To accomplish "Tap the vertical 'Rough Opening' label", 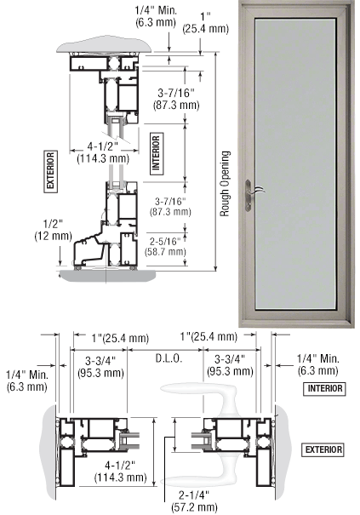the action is coord(225,184).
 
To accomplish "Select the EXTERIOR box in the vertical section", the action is coord(50,171).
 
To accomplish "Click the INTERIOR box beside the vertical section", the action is coord(156,153).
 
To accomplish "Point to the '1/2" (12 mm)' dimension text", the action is coord(53,230).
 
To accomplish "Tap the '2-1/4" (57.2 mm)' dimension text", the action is coord(194,501).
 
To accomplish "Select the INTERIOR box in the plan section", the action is coord(324,389).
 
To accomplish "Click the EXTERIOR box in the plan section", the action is coord(323,449).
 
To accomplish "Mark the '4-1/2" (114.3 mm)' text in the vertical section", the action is coord(103,152).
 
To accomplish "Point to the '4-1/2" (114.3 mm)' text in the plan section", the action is coord(120,471).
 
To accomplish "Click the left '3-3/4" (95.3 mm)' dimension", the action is coord(100,366).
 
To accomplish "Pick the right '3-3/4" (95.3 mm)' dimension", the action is coord(230,364).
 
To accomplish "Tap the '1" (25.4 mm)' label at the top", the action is coord(206,22).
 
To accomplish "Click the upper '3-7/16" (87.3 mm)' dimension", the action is coord(176,99).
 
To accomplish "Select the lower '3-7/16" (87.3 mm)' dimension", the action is coord(170,206).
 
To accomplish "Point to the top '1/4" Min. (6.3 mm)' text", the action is coord(156,16).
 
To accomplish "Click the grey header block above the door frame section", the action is coord(104,46).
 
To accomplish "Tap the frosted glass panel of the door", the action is coord(295,163).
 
